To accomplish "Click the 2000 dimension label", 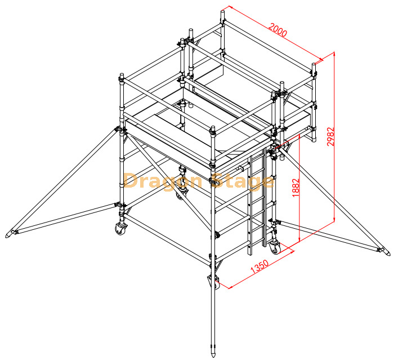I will (278, 30).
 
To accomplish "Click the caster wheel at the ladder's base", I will (274, 246).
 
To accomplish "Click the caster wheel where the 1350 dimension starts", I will (214, 282).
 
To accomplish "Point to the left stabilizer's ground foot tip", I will (10, 234).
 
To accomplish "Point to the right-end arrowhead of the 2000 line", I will (321, 59).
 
